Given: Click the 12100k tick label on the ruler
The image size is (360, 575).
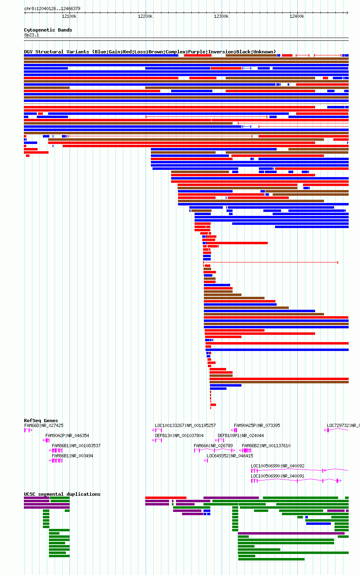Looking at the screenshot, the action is (69, 17).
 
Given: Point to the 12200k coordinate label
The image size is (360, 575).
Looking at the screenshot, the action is (145, 17).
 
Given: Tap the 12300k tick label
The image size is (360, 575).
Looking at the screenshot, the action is (221, 17).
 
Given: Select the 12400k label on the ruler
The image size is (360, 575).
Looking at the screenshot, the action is (297, 17).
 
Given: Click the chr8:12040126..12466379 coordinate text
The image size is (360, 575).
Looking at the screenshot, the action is (53, 9).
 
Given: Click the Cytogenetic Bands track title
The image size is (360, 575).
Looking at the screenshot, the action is (48, 30).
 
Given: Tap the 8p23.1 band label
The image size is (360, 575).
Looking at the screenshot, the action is (32, 35).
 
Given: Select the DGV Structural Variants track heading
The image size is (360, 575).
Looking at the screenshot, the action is (150, 52).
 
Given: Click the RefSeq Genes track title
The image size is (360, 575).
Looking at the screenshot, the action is (41, 421).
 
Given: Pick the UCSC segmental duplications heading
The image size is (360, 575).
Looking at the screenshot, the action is (62, 494).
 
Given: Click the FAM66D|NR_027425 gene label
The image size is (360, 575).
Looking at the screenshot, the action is (44, 425).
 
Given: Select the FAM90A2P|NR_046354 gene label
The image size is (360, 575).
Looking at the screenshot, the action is (67, 435).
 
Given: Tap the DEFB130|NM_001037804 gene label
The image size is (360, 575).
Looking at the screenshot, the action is (179, 435).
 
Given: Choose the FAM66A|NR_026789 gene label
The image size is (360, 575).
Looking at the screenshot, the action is (213, 446).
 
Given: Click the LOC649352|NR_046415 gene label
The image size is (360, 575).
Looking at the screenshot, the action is (230, 456).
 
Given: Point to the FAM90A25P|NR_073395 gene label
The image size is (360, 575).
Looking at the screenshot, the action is (257, 425).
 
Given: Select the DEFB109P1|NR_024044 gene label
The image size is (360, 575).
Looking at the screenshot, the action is (241, 435).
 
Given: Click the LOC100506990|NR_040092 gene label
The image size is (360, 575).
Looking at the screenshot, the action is (277, 466).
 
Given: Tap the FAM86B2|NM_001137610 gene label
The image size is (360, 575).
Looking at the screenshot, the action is (266, 446).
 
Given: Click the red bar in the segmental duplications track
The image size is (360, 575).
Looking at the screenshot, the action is (165, 498).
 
